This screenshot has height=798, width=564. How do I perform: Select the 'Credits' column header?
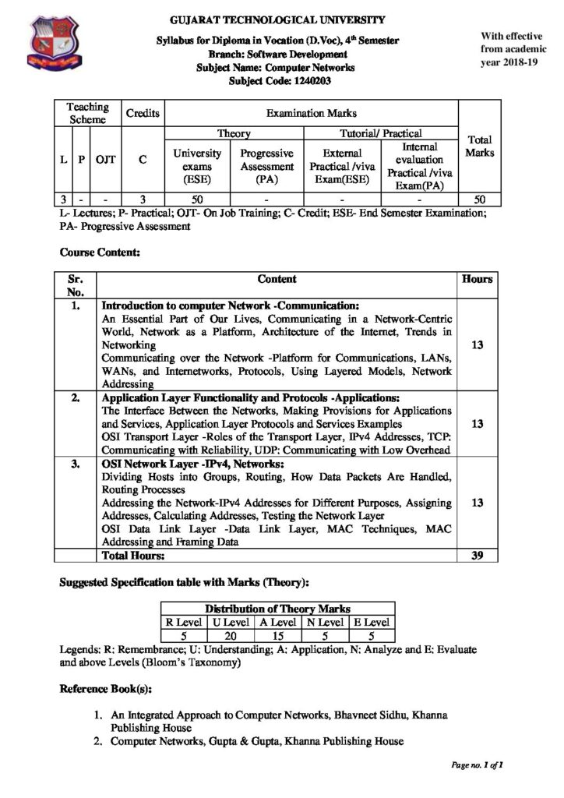click(143, 114)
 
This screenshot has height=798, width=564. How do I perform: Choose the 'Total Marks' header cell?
click(479, 147)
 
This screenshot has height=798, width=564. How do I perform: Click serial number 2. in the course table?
click(75, 399)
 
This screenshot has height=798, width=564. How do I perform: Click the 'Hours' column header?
click(477, 279)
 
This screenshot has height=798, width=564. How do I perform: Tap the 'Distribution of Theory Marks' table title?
click(277, 608)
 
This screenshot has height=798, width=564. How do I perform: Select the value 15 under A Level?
click(277, 635)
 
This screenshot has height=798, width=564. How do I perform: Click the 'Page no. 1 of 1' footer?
click(476, 766)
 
